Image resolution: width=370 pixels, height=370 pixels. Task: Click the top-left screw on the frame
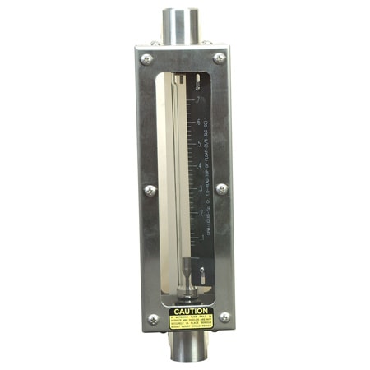[147, 59]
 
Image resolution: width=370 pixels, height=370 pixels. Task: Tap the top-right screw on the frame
[220, 58]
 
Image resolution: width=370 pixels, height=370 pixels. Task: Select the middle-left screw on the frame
[150, 190]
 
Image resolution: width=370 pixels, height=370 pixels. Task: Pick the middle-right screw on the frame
[222, 189]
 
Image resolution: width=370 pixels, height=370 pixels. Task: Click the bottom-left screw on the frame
[152, 319]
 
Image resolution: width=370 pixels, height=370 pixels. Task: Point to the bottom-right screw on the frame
[224, 317]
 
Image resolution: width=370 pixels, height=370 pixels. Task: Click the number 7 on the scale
[199, 101]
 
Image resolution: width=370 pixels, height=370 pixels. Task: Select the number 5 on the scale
[201, 146]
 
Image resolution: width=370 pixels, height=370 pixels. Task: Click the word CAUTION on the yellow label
[190, 311]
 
